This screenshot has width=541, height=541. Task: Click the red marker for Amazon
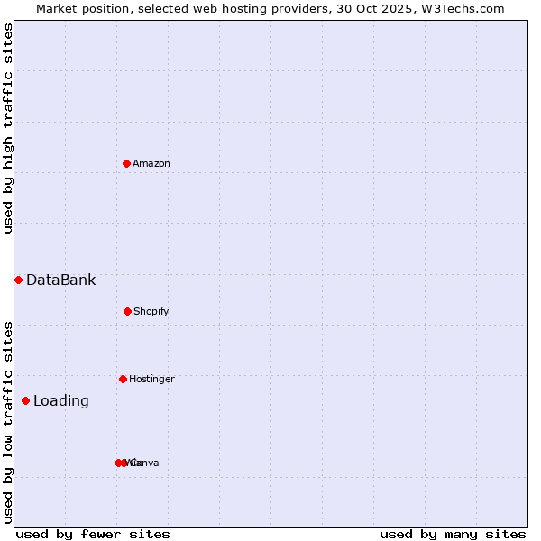click(x=126, y=163)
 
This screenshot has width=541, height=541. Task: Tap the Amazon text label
click(x=151, y=164)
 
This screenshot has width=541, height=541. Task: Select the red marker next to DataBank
click(x=18, y=280)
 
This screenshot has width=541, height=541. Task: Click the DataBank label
click(x=60, y=280)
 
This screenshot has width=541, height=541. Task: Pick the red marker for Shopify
click(x=127, y=311)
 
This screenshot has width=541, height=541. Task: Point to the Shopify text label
click(x=151, y=312)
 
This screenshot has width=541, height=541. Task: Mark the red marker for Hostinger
click(x=123, y=379)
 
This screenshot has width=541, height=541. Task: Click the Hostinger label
click(x=151, y=380)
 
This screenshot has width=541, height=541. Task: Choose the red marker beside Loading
click(x=25, y=400)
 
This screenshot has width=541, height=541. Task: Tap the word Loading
click(x=61, y=401)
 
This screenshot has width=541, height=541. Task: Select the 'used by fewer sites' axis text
click(x=93, y=534)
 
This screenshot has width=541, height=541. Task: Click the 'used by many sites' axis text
click(x=453, y=534)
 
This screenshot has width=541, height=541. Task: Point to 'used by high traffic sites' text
click(x=9, y=128)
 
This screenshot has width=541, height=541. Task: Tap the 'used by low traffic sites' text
click(x=9, y=422)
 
